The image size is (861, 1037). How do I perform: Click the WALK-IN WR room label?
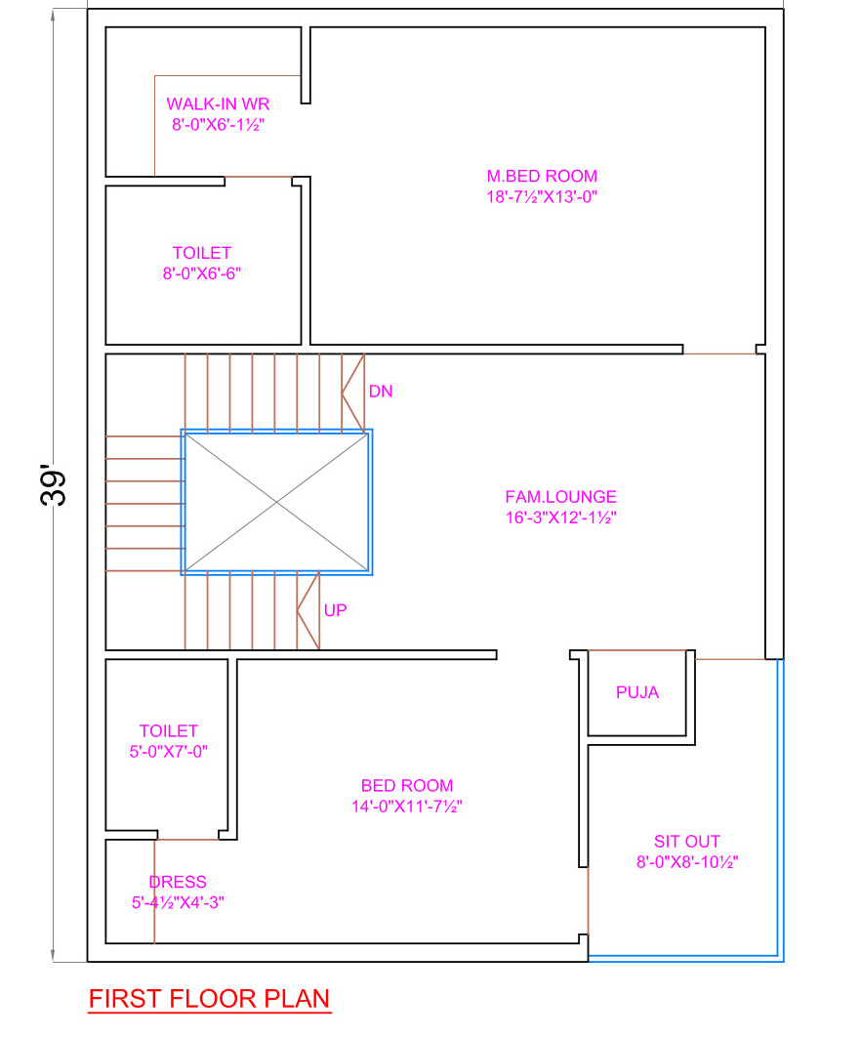(218, 104)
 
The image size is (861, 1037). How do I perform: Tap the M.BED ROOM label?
(542, 177)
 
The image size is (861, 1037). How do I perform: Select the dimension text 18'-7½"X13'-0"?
(542, 196)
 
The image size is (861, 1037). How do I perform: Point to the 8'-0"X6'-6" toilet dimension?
(202, 273)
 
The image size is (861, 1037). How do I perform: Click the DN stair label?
(381, 392)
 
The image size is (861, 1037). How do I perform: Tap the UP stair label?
(335, 610)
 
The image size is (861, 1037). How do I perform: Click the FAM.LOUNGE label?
(560, 497)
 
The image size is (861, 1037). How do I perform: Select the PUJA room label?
(637, 692)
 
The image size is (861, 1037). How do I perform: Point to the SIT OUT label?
(687, 842)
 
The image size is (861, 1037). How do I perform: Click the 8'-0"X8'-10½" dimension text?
(687, 862)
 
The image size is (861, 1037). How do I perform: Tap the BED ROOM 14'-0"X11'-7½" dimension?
(407, 807)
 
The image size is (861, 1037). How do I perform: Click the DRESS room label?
(178, 883)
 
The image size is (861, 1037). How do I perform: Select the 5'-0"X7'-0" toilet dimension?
(169, 751)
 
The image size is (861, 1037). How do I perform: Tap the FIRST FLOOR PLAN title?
(209, 999)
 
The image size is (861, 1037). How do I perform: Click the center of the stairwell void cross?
(276, 503)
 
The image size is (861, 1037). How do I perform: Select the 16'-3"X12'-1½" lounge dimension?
(560, 518)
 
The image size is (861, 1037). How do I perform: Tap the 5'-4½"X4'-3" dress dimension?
(178, 903)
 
